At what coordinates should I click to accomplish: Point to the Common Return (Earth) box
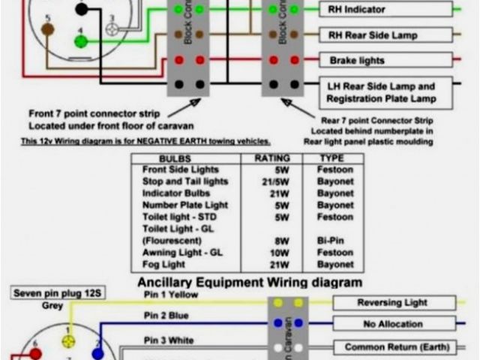(x=397, y=347)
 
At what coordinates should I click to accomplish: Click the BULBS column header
(x=175, y=159)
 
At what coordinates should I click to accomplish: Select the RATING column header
(x=272, y=159)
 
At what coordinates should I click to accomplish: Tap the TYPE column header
(x=331, y=159)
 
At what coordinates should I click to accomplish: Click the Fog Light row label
(x=163, y=265)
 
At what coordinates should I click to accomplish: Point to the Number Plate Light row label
(x=185, y=205)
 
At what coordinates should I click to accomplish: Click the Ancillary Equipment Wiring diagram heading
(x=250, y=283)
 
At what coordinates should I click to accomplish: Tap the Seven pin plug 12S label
(x=49, y=293)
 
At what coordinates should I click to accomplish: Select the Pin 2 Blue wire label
(x=166, y=316)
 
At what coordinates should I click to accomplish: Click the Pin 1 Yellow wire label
(x=169, y=295)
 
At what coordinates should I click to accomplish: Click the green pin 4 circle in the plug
(x=80, y=41)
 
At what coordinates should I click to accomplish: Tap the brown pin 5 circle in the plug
(x=47, y=28)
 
